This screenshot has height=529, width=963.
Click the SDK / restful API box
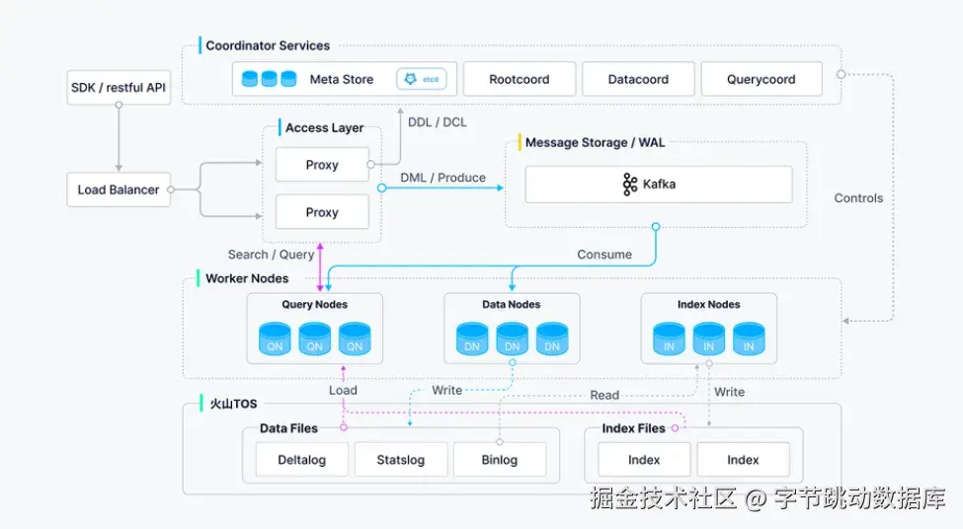point(119,88)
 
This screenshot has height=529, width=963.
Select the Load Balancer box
point(119,189)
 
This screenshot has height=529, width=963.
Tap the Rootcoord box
point(519,79)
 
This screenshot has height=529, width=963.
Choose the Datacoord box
point(638,79)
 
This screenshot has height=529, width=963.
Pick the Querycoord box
point(761,79)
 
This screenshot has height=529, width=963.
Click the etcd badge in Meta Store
point(422,79)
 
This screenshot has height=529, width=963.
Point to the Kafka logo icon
point(629,185)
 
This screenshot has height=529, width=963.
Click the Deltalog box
point(301,460)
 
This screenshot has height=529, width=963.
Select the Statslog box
point(400,460)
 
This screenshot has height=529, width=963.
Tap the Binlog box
point(500,460)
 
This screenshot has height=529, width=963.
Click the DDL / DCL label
point(438,122)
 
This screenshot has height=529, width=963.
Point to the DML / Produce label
point(442,178)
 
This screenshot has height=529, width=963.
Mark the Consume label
point(604,255)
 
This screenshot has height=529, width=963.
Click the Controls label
point(858,198)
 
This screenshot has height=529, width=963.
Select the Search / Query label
point(271,255)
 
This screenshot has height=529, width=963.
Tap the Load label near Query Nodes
point(343,390)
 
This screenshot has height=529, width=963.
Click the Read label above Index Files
point(604,395)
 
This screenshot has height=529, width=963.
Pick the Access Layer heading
point(324,127)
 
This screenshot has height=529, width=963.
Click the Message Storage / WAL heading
point(596,142)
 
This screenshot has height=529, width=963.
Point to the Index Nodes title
point(709,304)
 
